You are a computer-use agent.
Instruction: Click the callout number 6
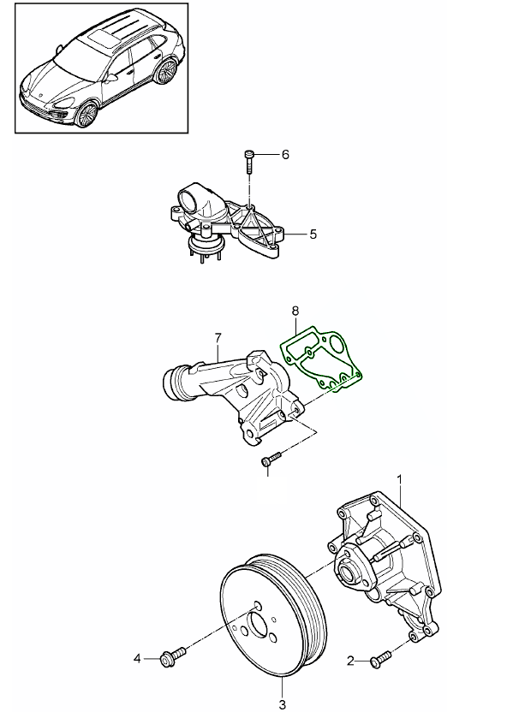(x=285, y=155)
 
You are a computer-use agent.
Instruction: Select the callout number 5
(x=313, y=233)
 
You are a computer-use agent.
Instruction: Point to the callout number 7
(x=218, y=337)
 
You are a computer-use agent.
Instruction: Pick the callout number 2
(x=350, y=660)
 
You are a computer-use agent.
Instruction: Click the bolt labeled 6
(x=248, y=160)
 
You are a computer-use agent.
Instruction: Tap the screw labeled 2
(x=381, y=659)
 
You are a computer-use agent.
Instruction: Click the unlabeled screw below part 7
(x=269, y=461)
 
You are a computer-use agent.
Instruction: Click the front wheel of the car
(x=87, y=113)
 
